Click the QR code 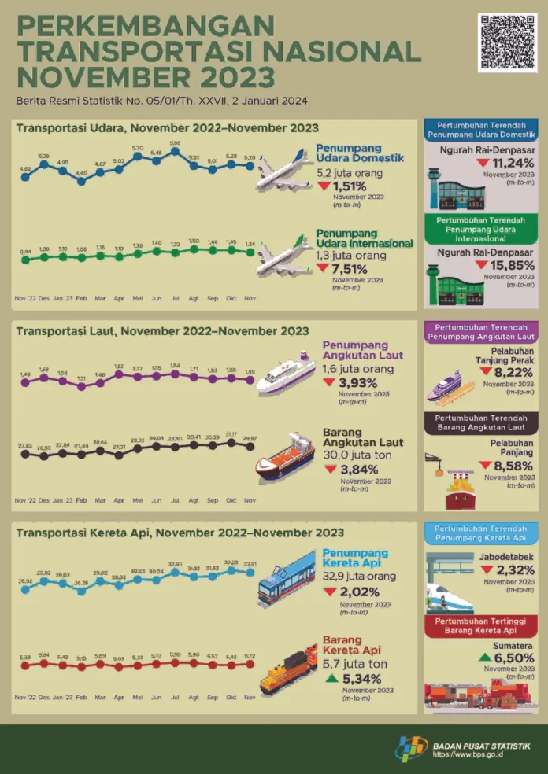click(x=506, y=42)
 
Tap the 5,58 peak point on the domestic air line click(x=175, y=151)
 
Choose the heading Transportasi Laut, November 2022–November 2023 click(x=162, y=331)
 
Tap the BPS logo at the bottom click(x=410, y=750)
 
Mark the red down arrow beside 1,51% click(x=324, y=186)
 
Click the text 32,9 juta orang click(x=358, y=575)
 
